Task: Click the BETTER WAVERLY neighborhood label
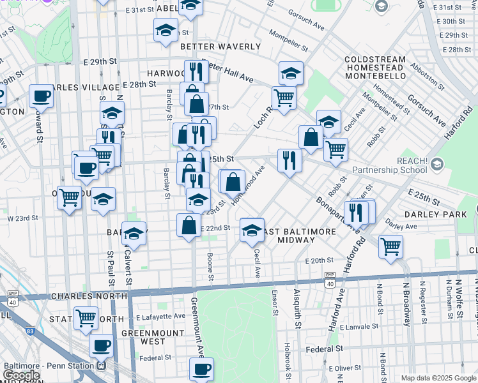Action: click(220, 47)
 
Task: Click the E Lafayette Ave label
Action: click(160, 317)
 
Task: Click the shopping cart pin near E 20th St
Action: click(390, 245)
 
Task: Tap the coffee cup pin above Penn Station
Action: click(101, 345)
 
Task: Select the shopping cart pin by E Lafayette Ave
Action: click(86, 317)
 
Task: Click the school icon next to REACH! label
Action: click(437, 164)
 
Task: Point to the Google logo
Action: click(22, 375)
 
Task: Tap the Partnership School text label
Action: click(389, 170)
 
